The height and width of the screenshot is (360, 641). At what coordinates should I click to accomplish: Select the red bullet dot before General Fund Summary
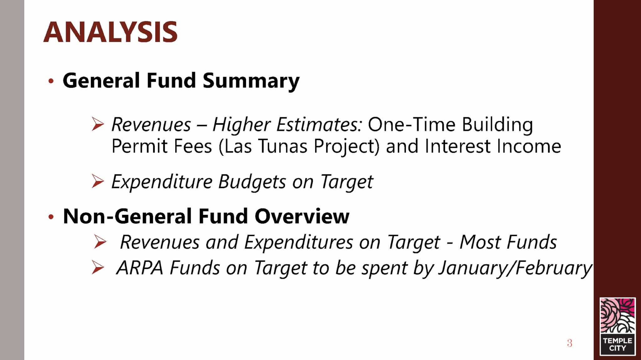(51, 81)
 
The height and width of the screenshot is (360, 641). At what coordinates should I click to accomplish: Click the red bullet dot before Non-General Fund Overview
(51, 216)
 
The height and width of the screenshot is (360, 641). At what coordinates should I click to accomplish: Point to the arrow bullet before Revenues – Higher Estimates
(98, 124)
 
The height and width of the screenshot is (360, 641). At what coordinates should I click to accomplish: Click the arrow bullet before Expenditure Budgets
(98, 181)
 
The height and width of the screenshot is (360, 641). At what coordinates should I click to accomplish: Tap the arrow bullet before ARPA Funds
(98, 268)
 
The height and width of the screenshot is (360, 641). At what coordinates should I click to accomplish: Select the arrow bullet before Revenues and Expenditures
(100, 242)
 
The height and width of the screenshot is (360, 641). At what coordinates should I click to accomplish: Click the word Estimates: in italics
(319, 124)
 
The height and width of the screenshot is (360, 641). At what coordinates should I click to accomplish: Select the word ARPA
(140, 268)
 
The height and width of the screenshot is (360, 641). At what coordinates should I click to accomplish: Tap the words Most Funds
(508, 242)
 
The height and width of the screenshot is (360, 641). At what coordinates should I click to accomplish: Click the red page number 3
(569, 343)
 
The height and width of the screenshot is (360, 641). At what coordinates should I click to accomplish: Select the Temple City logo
(618, 327)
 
